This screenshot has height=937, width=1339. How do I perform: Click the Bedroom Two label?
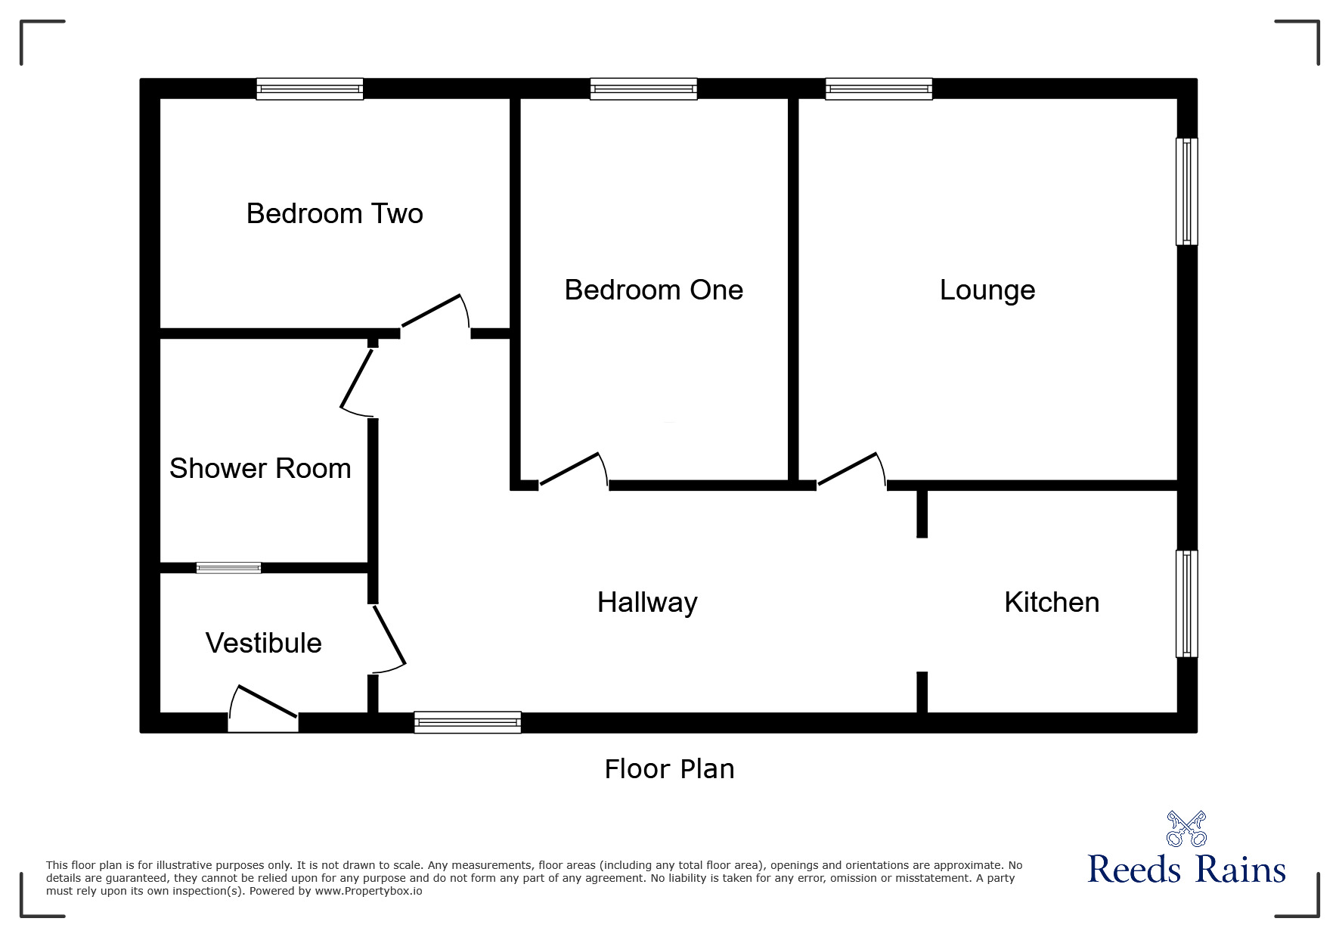pyautogui.click(x=334, y=213)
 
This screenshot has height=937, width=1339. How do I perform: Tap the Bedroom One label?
pyautogui.click(x=653, y=290)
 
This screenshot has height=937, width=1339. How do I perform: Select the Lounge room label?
pyautogui.click(x=987, y=290)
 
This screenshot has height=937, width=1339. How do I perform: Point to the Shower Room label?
pyautogui.click(x=260, y=468)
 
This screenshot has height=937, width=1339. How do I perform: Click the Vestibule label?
pyautogui.click(x=263, y=643)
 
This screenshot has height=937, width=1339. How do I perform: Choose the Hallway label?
pyautogui.click(x=647, y=602)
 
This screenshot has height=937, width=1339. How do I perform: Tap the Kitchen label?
pyautogui.click(x=1051, y=602)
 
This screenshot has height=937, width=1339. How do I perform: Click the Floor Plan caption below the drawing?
pyautogui.click(x=669, y=769)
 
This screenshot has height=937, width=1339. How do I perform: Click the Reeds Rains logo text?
pyautogui.click(x=1186, y=870)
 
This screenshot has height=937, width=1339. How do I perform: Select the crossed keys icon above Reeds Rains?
pyautogui.click(x=1186, y=829)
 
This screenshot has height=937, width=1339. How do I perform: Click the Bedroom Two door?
pyautogui.click(x=432, y=312)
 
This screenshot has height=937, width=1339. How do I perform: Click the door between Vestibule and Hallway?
pyautogui.click(x=389, y=635)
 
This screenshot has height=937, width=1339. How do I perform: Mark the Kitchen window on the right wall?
pyautogui.click(x=1186, y=603)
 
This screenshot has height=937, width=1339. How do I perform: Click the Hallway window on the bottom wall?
pyautogui.click(x=467, y=722)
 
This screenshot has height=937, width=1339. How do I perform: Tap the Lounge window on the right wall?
pyautogui.click(x=1186, y=191)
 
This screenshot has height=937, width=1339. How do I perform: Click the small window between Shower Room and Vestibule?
pyautogui.click(x=228, y=568)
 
